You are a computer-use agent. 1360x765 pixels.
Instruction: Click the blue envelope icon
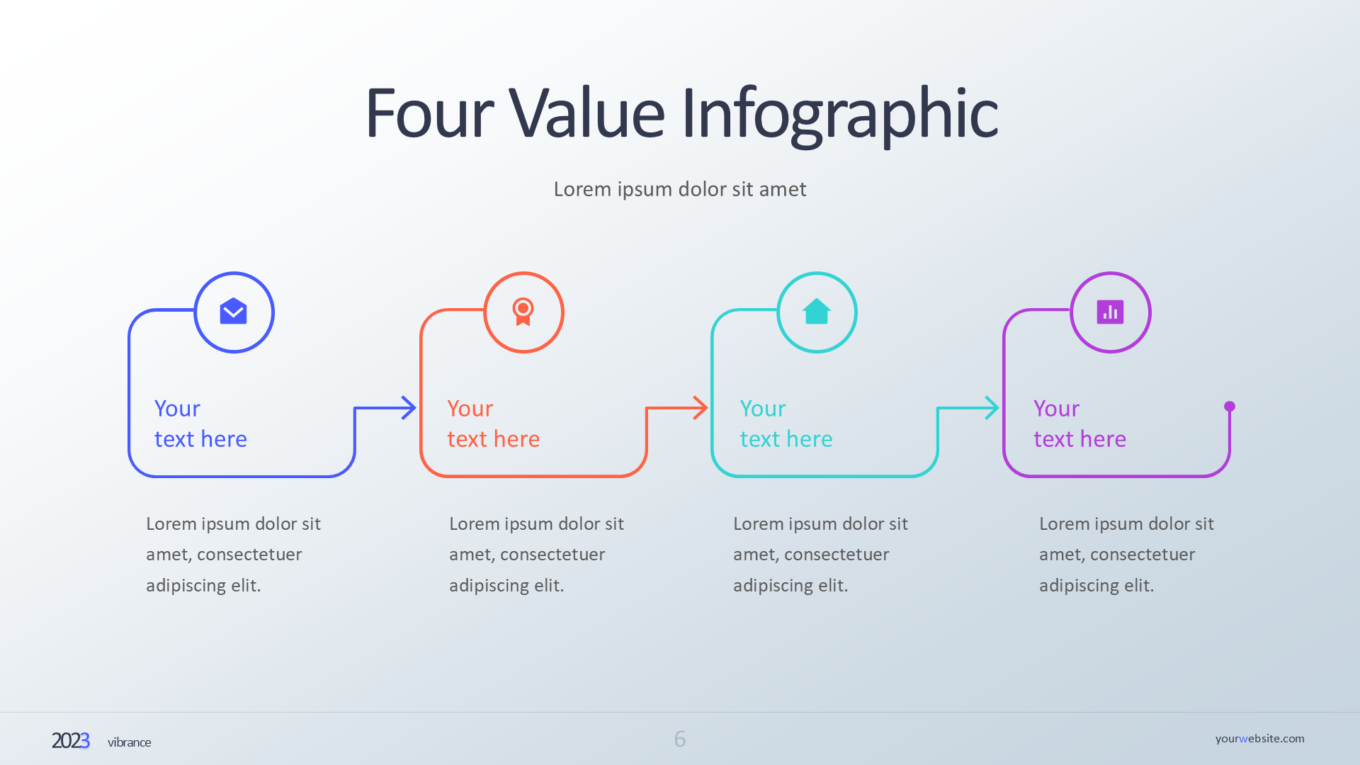233,311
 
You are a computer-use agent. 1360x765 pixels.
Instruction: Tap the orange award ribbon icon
523,312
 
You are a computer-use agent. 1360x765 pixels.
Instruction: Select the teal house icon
817,311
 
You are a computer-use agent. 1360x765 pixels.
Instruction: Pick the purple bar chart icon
1110,312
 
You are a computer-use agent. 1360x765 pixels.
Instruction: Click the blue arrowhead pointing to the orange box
409,408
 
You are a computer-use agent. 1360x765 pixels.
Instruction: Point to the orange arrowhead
701,408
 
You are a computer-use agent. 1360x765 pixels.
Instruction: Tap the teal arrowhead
992,408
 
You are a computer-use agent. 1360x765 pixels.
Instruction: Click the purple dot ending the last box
1230,407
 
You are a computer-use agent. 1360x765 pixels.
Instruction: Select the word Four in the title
429,113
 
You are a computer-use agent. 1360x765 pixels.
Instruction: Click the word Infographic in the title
839,116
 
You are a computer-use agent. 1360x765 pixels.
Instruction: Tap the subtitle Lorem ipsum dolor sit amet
680,189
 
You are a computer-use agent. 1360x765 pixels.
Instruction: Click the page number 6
680,739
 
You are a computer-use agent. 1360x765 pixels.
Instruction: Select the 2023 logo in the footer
71,741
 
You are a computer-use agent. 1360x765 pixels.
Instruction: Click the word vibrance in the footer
130,742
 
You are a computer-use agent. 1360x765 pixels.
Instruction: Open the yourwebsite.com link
1260,739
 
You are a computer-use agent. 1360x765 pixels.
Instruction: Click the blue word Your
177,409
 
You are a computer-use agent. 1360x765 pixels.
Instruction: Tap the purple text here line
1079,439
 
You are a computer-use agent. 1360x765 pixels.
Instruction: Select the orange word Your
470,409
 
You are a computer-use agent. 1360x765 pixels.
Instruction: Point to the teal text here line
786,439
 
